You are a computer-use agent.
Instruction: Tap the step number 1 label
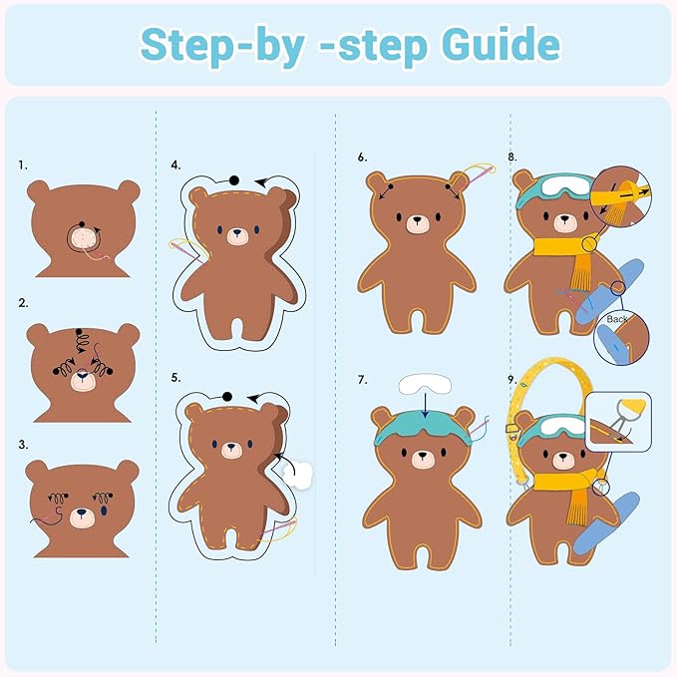[x=23, y=165]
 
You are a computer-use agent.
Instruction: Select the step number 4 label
[x=175, y=165]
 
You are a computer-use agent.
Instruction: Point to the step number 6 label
[x=362, y=158]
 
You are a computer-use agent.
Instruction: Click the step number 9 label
[x=511, y=380]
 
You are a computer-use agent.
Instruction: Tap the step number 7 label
[x=362, y=380]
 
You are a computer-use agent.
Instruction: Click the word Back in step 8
[x=618, y=319]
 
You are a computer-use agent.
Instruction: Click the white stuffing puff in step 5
[x=298, y=472]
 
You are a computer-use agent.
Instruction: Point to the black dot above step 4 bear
[x=233, y=179]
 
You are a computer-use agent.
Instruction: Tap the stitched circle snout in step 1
[x=83, y=238]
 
